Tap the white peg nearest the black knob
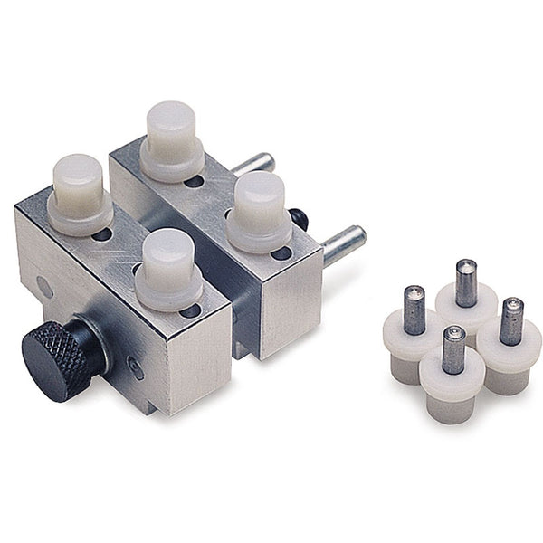pyautogui.click(x=169, y=268)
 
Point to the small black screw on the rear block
pyautogui.click(x=298, y=220)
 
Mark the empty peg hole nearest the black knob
pyautogui.click(x=190, y=311)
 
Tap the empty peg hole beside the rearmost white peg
pyautogui.click(x=194, y=181)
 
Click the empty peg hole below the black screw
pyautogui.click(x=281, y=253)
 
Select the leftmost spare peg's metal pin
pyautogui.click(x=413, y=309)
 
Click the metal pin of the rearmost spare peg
pyautogui.click(x=465, y=282)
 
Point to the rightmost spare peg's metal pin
pyautogui.click(x=510, y=321)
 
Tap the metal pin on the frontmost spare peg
pyautogui.click(x=453, y=349)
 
